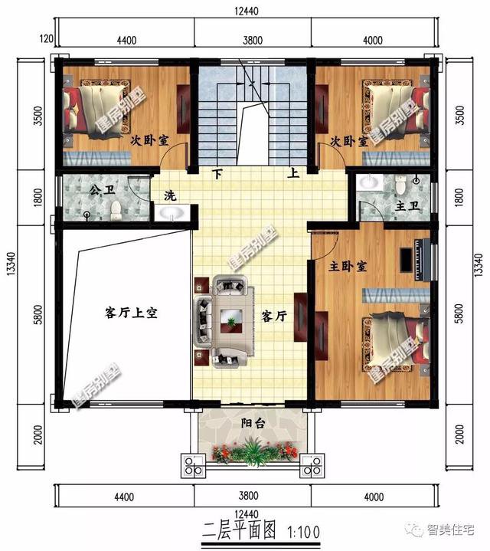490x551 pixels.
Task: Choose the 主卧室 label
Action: point(348,267)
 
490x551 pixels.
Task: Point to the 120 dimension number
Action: point(45,40)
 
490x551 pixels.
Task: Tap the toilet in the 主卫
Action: point(399,184)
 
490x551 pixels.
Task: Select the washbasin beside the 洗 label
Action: point(172,213)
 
